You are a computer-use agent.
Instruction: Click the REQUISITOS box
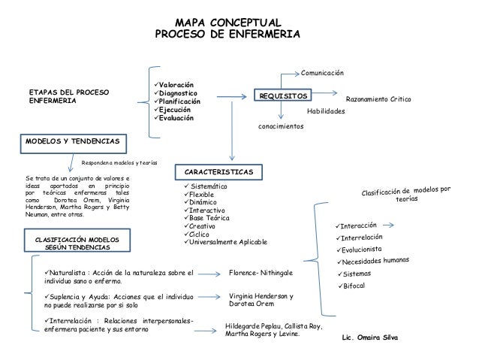tap(283, 96)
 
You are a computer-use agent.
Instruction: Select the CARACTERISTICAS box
tap(218, 172)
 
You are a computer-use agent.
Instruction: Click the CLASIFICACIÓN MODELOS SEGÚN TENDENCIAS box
tap(77, 242)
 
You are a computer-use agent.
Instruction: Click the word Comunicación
tap(322, 73)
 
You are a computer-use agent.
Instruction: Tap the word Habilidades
tap(326, 110)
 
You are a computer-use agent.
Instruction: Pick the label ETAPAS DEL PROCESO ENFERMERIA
tap(68, 95)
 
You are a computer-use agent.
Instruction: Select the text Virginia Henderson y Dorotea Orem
tap(261, 301)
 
